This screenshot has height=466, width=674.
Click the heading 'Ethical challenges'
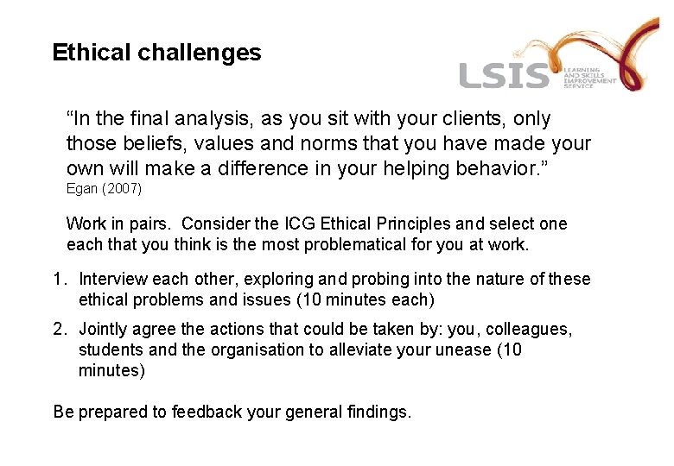156,53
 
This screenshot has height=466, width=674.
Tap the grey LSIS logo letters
504,76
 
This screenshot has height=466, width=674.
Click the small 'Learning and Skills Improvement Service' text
590,78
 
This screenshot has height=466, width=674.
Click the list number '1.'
60,279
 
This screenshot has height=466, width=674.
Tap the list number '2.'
60,329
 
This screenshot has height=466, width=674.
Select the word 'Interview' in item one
112,279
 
